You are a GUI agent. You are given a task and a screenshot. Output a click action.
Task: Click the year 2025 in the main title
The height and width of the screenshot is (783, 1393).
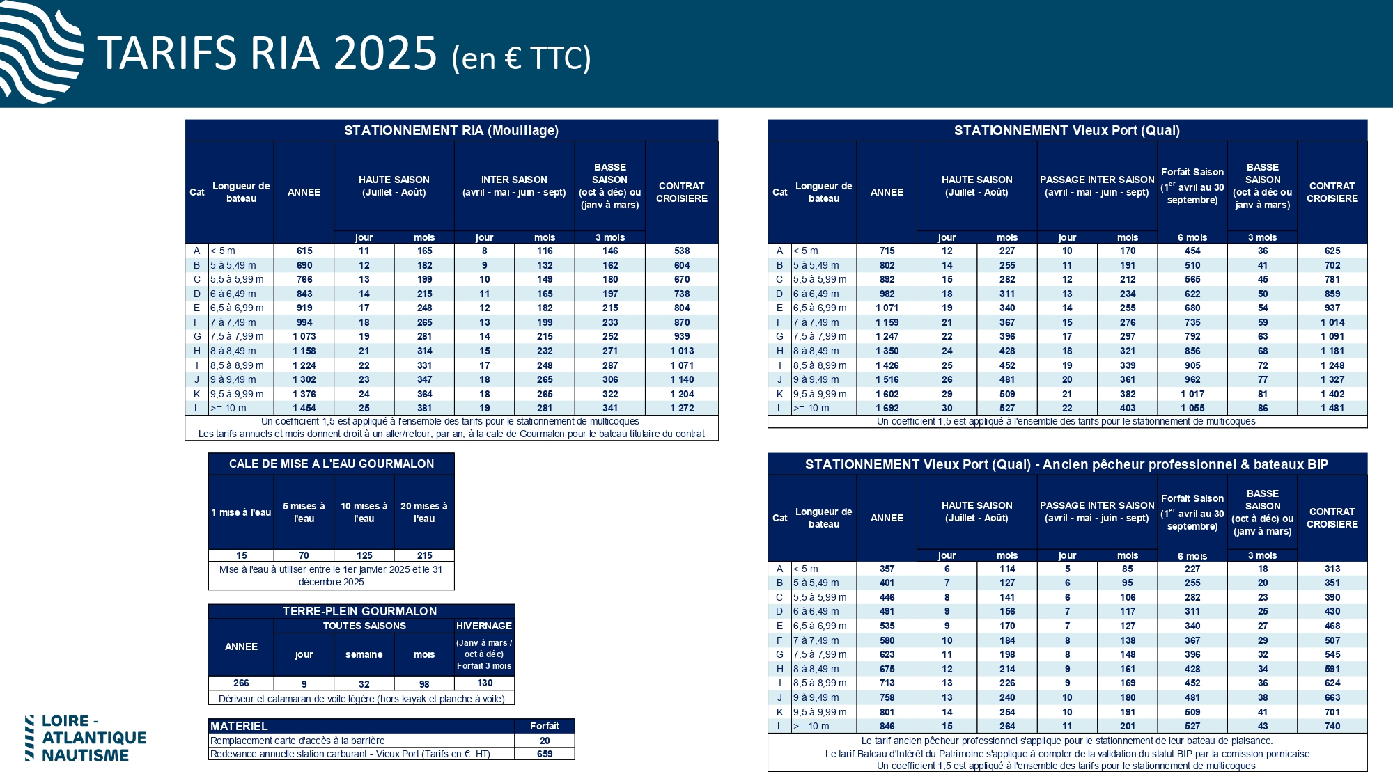pyautogui.click(x=384, y=54)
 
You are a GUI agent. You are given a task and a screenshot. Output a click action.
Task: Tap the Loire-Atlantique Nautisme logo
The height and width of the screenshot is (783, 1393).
pyautogui.click(x=86, y=738)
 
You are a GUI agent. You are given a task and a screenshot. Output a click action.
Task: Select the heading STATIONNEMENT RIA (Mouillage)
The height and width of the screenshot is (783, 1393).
pyautogui.click(x=451, y=130)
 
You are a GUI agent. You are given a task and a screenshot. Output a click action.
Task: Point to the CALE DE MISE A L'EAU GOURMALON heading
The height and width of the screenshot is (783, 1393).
pyautogui.click(x=332, y=464)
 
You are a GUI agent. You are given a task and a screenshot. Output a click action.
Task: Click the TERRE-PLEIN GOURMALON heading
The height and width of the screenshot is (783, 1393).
pyautogui.click(x=360, y=611)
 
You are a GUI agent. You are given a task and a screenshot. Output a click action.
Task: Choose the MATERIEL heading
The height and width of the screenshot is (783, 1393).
pyautogui.click(x=239, y=726)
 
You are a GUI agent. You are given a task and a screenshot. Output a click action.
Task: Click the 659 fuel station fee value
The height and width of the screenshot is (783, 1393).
pyautogui.click(x=545, y=754)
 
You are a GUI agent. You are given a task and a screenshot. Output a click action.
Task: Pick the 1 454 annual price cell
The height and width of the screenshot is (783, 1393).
pyautogui.click(x=304, y=408)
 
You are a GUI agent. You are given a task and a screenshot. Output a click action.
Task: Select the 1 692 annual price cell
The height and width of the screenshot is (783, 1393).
pyautogui.click(x=887, y=408)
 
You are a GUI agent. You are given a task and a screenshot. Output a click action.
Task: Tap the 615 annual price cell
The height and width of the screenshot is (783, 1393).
pyautogui.click(x=304, y=251)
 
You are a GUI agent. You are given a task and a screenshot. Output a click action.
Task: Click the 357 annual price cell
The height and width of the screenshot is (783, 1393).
pyautogui.click(x=887, y=569)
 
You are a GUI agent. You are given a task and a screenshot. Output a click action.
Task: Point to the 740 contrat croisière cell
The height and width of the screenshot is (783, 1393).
pyautogui.click(x=1332, y=726)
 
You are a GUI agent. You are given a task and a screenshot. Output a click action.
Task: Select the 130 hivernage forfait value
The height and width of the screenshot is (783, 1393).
pyautogui.click(x=485, y=683)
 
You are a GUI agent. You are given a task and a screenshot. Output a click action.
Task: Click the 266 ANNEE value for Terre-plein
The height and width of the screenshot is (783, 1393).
pyautogui.click(x=241, y=683)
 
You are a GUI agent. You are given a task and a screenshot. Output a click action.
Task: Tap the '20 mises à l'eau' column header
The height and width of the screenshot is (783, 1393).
pyautogui.click(x=424, y=512)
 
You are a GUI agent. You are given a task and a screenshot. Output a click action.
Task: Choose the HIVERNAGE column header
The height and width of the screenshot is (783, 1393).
pyautogui.click(x=484, y=626)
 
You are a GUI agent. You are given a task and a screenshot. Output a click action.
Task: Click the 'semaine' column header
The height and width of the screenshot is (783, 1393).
pyautogui.click(x=364, y=654)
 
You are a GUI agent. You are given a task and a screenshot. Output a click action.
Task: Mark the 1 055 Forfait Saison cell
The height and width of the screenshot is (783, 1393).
pyautogui.click(x=1192, y=408)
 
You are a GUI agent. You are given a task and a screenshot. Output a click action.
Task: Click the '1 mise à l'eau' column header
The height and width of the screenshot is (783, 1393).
pyautogui.click(x=241, y=512)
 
